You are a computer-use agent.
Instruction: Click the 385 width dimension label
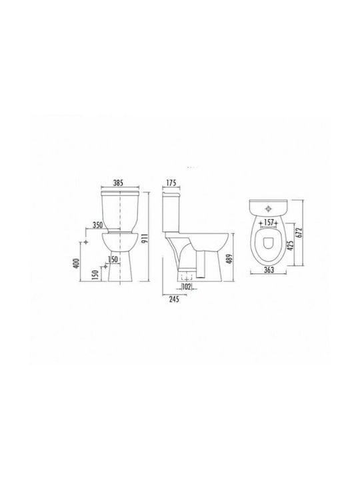[118, 183]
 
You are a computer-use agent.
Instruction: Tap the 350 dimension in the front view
[97, 225]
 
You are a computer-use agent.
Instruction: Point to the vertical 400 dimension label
[77, 263]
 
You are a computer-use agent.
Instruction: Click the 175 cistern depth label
[171, 183]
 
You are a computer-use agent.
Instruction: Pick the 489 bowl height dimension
[230, 259]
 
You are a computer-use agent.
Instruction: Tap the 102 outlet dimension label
[187, 287]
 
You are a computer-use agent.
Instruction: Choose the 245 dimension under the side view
[174, 299]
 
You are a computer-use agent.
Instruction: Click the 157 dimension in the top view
[269, 223]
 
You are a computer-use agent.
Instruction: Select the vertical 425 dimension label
[291, 245]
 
